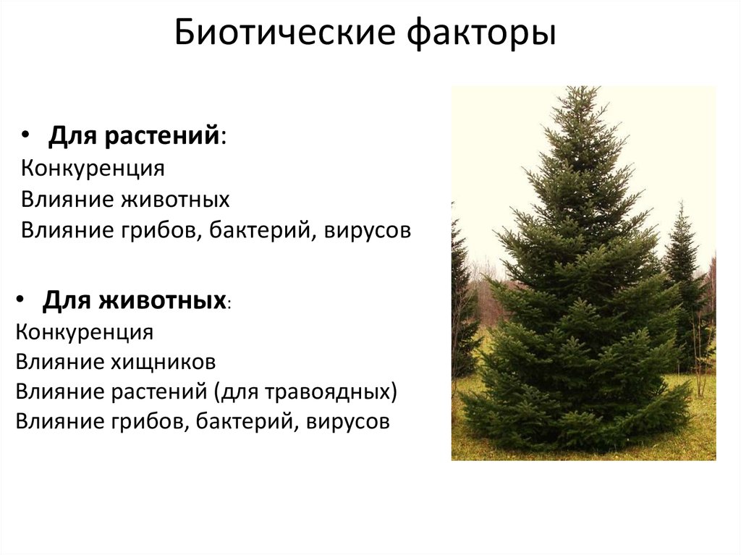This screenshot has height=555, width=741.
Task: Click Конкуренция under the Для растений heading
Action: (93, 169)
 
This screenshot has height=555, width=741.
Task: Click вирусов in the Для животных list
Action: (348, 421)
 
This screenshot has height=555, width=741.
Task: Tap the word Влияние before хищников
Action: (59, 361)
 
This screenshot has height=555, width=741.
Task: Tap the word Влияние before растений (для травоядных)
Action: (59, 391)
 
